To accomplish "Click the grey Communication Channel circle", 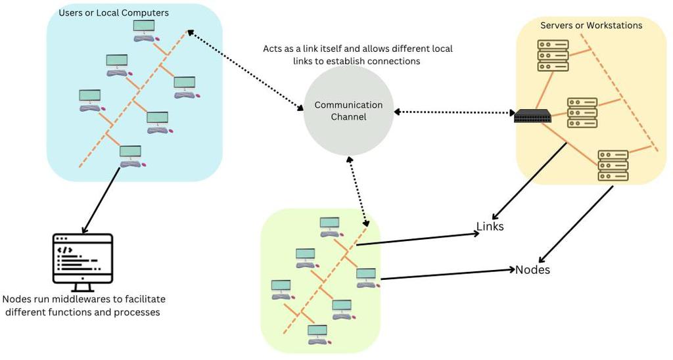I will (x=348, y=110).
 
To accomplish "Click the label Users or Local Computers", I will (x=114, y=13).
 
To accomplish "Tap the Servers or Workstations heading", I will (x=592, y=26).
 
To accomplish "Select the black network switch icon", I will (x=532, y=116).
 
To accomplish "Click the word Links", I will (x=490, y=227).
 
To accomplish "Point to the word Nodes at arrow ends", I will (x=532, y=270).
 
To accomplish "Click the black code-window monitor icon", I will (x=83, y=261).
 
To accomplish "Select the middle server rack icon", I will (x=582, y=112).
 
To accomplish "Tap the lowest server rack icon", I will (x=613, y=166).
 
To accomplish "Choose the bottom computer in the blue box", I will (x=131, y=156).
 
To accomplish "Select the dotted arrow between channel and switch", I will (x=453, y=112).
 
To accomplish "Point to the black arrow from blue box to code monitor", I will (x=101, y=200).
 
